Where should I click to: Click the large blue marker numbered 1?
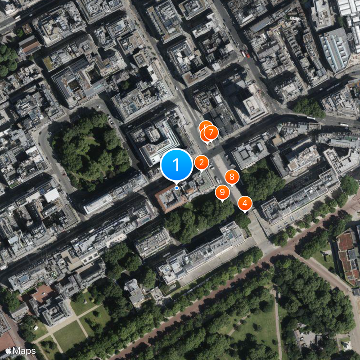[x=176, y=165]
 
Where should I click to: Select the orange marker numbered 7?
[x=211, y=132]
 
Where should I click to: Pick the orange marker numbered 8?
[x=232, y=177]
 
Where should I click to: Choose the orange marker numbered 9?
[x=222, y=192]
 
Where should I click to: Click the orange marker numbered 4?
[x=245, y=203]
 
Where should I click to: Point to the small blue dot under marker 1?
[x=176, y=188]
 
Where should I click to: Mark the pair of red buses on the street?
[x=245, y=54]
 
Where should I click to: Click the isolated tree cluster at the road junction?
[x=309, y=107]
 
